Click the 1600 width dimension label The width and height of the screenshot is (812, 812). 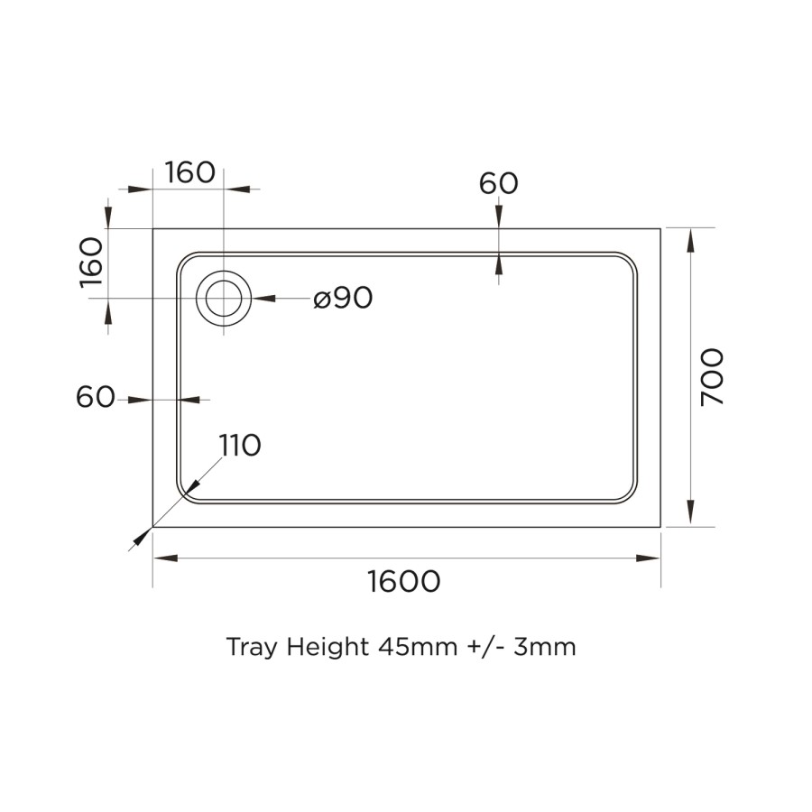(403, 582)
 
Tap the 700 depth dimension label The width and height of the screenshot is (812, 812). (712, 376)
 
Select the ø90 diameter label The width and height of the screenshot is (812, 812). (343, 298)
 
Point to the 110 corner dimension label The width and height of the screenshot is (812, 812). (240, 445)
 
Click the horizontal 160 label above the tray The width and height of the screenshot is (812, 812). (189, 172)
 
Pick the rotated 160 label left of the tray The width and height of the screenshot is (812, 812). (93, 263)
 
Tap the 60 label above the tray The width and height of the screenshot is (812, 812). (498, 183)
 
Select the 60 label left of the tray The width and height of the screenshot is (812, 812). (96, 397)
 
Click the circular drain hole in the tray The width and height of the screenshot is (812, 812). (223, 298)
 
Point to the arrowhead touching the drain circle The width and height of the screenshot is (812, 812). (263, 298)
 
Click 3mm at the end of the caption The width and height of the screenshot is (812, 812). (545, 647)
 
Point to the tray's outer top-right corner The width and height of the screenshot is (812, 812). (660, 228)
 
